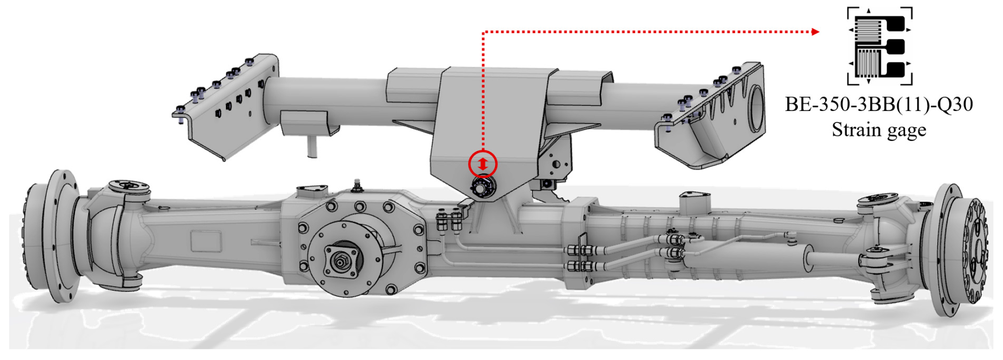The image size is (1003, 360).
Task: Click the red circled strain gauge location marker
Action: (x=483, y=164)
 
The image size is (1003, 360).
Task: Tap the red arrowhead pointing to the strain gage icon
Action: (x=816, y=32)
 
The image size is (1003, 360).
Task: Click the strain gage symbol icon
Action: (x=879, y=46)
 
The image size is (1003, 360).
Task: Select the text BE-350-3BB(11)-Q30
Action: (x=879, y=104)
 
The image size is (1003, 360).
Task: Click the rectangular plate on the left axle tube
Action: (x=207, y=240)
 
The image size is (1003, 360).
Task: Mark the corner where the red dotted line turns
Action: (x=483, y=32)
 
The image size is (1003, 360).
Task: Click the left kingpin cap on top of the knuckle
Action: (x=129, y=186)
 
